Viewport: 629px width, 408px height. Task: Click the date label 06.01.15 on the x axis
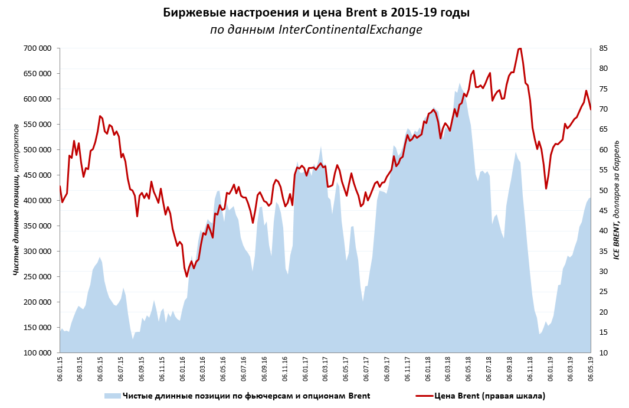pyautogui.click(x=60, y=369)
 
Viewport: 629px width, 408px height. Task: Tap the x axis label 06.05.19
pyautogui.click(x=590, y=369)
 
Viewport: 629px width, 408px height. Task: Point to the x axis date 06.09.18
pyautogui.click(x=509, y=369)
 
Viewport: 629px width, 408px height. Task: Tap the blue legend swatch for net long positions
pyautogui.click(x=112, y=396)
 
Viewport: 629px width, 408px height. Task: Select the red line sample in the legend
pyautogui.click(x=424, y=396)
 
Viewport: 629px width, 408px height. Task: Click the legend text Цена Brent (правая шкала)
pyautogui.click(x=489, y=396)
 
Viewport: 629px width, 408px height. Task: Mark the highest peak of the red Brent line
pyautogui.click(x=519, y=48)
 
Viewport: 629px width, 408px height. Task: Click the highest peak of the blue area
pyautogui.click(x=460, y=83)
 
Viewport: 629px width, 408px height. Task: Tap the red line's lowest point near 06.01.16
pyautogui.click(x=186, y=276)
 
